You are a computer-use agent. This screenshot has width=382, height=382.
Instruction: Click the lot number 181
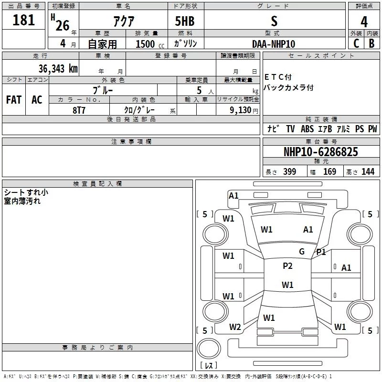24,20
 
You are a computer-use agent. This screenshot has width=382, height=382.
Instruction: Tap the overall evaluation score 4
364,21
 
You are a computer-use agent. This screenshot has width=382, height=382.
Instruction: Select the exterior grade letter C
356,43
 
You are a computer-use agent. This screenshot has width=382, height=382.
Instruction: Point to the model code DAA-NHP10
274,44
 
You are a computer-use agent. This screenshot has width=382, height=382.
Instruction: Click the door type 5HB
185,21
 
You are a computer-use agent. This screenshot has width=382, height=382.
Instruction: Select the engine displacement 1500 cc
149,44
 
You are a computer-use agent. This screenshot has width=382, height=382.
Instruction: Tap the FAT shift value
14,99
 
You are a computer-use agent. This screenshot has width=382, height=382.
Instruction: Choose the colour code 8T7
79,109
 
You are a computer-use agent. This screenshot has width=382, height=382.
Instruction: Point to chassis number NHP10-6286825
320,152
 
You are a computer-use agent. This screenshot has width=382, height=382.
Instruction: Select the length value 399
289,172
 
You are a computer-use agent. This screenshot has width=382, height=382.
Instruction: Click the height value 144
368,172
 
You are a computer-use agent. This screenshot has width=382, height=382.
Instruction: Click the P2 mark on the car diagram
287,266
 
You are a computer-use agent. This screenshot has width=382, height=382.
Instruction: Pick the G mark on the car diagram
301,252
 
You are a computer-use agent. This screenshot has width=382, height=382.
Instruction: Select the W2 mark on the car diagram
235,327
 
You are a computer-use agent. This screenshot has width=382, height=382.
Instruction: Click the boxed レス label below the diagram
208,366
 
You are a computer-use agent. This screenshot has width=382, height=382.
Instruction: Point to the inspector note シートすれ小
26,192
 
